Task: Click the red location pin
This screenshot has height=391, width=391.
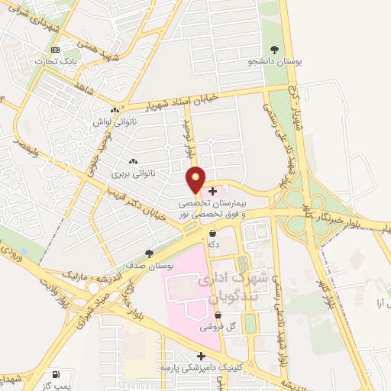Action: [x=196, y=178]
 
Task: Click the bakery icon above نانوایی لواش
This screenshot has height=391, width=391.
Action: [x=114, y=111]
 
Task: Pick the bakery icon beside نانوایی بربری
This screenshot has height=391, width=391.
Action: [x=134, y=162]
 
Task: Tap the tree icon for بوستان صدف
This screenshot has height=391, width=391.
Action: [x=150, y=254]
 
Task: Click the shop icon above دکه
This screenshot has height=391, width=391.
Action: [x=212, y=233]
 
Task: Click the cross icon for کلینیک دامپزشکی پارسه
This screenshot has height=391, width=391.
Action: [x=201, y=356]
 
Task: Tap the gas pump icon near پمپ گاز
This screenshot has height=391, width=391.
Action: [x=55, y=376]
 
